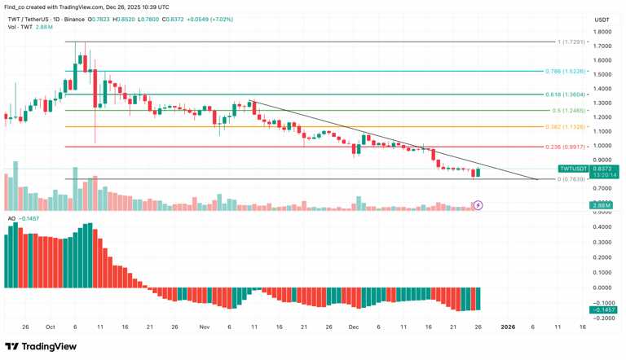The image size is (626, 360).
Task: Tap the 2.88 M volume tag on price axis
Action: click(x=602, y=205)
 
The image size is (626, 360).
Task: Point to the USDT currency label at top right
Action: click(x=602, y=20)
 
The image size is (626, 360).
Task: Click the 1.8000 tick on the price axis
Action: click(x=602, y=32)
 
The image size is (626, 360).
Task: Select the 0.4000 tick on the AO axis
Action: click(x=602, y=227)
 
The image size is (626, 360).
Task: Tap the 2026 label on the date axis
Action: click(x=506, y=327)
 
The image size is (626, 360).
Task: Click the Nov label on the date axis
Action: click(x=204, y=327)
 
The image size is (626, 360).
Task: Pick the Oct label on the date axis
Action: click(x=51, y=327)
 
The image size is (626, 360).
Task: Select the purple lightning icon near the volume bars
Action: click(x=478, y=205)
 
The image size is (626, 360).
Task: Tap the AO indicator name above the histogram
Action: click(x=11, y=218)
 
